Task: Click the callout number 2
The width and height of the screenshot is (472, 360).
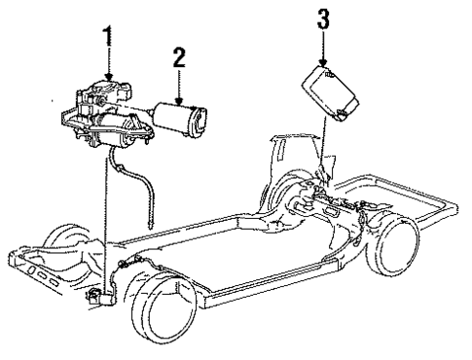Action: (x=179, y=57)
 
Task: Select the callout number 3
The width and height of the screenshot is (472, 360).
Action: (x=323, y=19)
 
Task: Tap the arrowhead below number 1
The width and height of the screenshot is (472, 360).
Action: (x=108, y=77)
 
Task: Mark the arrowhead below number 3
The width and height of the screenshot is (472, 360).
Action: (x=323, y=63)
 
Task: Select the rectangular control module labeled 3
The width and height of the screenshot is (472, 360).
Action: (x=330, y=93)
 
